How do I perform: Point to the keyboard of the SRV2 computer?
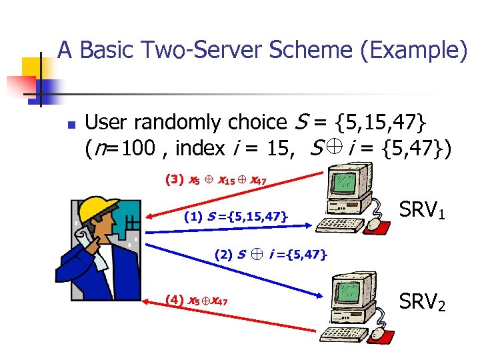pos(343,333)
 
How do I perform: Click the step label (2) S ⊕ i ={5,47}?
pos(271,254)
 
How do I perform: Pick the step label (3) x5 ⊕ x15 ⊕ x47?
pos(217,179)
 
